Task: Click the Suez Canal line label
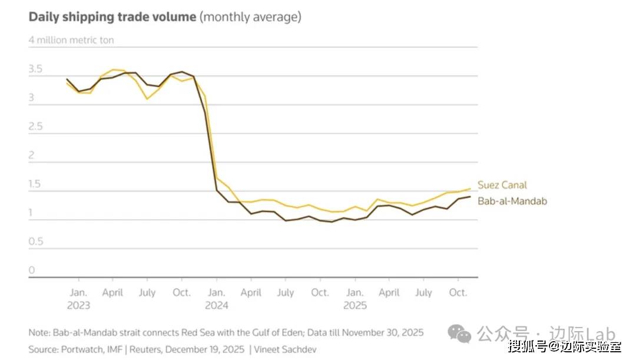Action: [x=502, y=185]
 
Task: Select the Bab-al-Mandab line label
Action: [x=512, y=201]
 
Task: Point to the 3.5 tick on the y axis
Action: [x=36, y=70]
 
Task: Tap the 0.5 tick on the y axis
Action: [x=36, y=242]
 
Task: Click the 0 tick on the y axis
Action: [x=32, y=270]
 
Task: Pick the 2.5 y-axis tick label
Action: [x=36, y=127]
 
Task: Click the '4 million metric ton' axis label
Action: [x=71, y=41]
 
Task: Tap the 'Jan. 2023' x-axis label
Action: [x=78, y=299]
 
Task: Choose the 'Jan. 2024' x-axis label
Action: [x=216, y=299]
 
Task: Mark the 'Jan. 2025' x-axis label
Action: [x=355, y=299]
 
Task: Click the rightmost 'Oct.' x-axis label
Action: [x=458, y=292]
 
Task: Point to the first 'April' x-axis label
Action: [x=112, y=292]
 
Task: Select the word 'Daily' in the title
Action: [x=45, y=16]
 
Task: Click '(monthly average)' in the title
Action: [x=250, y=16]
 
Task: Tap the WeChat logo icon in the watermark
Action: [x=459, y=334]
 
